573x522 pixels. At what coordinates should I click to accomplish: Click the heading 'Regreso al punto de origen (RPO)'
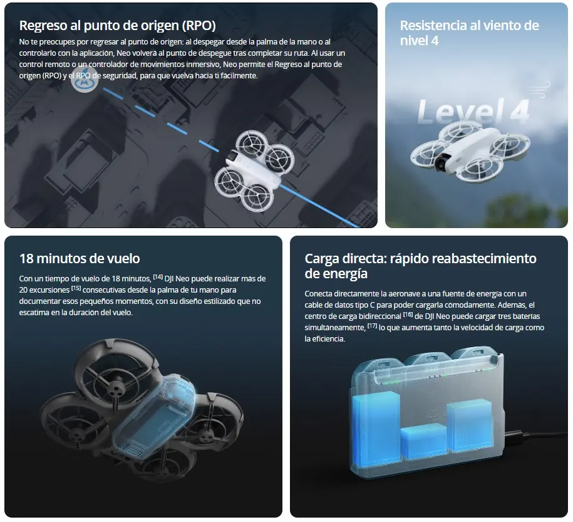click(x=118, y=26)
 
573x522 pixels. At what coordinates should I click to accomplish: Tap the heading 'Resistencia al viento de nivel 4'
click(x=469, y=33)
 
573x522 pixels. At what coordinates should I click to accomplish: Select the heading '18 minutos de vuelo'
click(x=80, y=258)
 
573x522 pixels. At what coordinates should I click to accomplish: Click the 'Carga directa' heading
click(x=420, y=266)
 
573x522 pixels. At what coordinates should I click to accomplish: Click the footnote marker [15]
click(x=76, y=289)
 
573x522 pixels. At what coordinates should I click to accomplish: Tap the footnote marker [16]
click(x=408, y=315)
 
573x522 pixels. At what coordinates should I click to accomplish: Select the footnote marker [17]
click(x=372, y=326)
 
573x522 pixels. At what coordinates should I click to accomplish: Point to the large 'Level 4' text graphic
click(x=473, y=111)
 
